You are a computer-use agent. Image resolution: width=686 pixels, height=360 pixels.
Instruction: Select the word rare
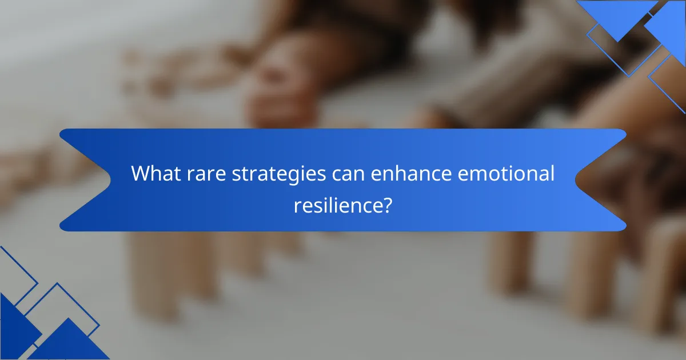(x=206, y=175)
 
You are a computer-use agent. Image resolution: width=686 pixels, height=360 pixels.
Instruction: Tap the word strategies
(x=279, y=174)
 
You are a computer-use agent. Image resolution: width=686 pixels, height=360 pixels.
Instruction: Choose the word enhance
(x=411, y=173)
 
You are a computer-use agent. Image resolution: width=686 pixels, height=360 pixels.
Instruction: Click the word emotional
(x=506, y=173)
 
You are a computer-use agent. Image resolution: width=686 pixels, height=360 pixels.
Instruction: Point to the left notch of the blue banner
(x=110, y=180)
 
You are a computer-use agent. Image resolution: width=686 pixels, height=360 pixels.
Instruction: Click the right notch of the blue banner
(x=576, y=180)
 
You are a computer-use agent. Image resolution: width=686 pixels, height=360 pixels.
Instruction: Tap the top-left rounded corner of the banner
(x=62, y=132)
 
